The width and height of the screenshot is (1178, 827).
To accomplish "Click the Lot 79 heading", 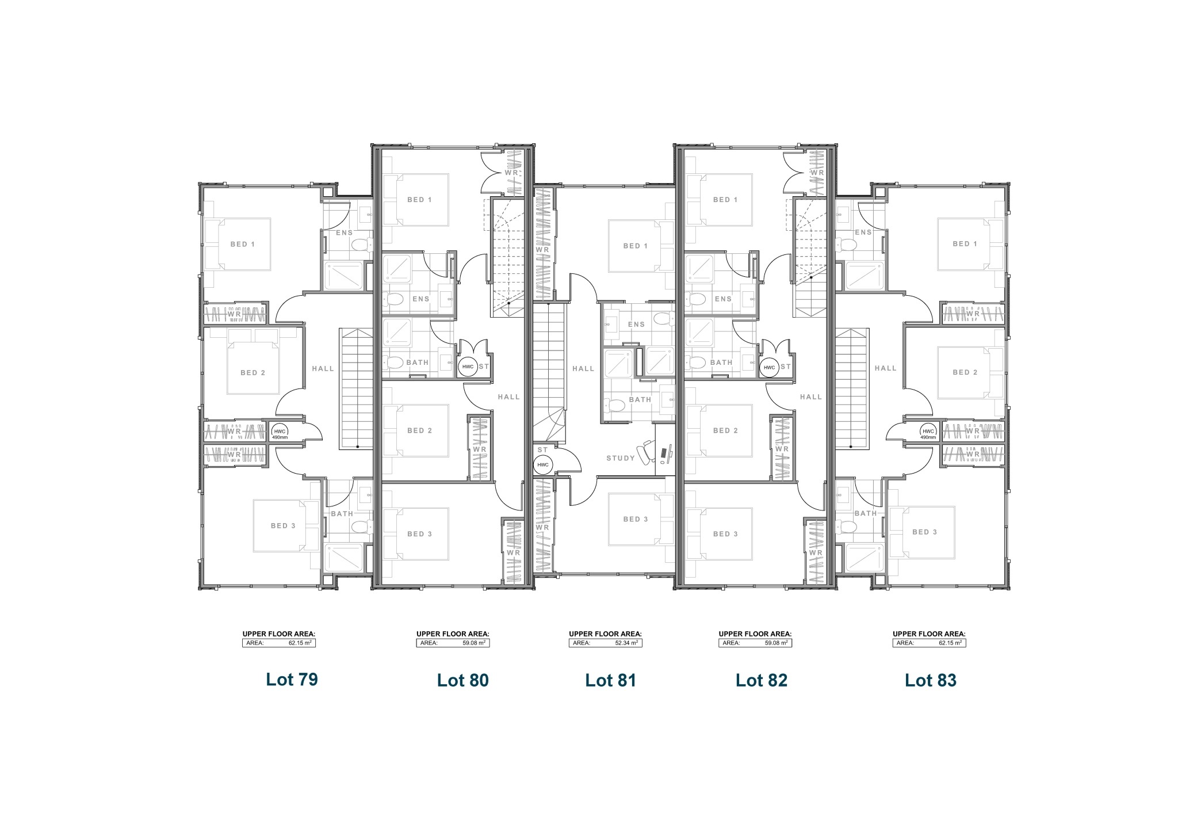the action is coord(292,679).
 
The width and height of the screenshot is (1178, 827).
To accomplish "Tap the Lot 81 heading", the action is coord(611,680).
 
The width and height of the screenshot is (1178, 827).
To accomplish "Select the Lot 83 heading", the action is coord(931,680).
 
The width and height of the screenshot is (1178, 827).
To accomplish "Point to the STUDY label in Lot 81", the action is coord(621,458).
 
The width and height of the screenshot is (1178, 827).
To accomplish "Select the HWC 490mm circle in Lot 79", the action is coord(280,432).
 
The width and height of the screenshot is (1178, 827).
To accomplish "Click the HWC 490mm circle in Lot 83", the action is coord(928,432).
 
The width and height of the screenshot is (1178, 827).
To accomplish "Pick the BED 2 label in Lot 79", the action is coord(253,372).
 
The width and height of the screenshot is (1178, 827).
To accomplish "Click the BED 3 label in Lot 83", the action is coord(925,532).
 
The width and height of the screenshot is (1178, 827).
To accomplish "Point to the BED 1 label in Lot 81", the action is coord(636,246).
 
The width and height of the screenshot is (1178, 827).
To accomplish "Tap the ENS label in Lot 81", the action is coord(636,324).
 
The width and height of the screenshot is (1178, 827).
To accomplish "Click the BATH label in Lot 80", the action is coord(418,363).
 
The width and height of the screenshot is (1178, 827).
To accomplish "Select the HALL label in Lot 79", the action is coord(323,368).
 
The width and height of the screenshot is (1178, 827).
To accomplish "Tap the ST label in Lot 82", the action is coord(786,366).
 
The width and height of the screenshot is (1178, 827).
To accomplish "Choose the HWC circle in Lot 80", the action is coord(467,367).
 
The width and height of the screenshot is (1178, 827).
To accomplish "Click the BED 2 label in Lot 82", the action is coord(725,430).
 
